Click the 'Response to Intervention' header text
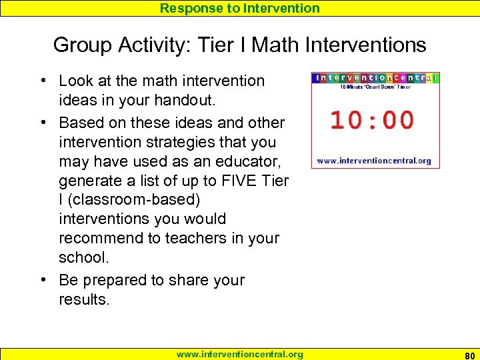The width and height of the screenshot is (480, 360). click(x=240, y=8)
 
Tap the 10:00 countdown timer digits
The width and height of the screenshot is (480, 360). click(x=372, y=121)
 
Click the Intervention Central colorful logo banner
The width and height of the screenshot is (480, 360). click(x=376, y=77)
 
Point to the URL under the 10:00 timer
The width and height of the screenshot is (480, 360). click(x=373, y=161)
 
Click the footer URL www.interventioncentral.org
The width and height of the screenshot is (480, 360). click(x=239, y=354)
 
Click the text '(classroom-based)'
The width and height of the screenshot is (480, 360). click(x=129, y=199)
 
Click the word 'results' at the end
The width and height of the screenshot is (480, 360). click(x=83, y=299)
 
